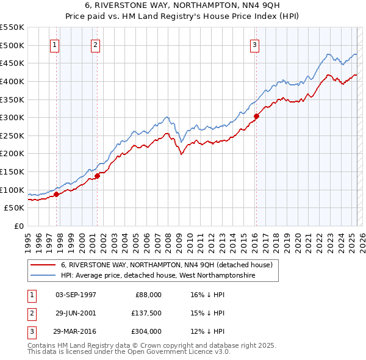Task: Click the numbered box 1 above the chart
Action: (55, 44)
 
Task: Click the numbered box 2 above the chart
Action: (96, 44)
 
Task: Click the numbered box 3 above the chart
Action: (254, 44)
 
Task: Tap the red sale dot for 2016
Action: (257, 116)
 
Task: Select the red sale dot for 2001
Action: (97, 176)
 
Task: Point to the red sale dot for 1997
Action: (56, 194)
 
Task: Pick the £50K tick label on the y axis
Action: (15, 208)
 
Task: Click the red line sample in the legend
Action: (43, 265)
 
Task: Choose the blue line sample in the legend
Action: (43, 276)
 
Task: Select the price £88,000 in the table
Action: (148, 294)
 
